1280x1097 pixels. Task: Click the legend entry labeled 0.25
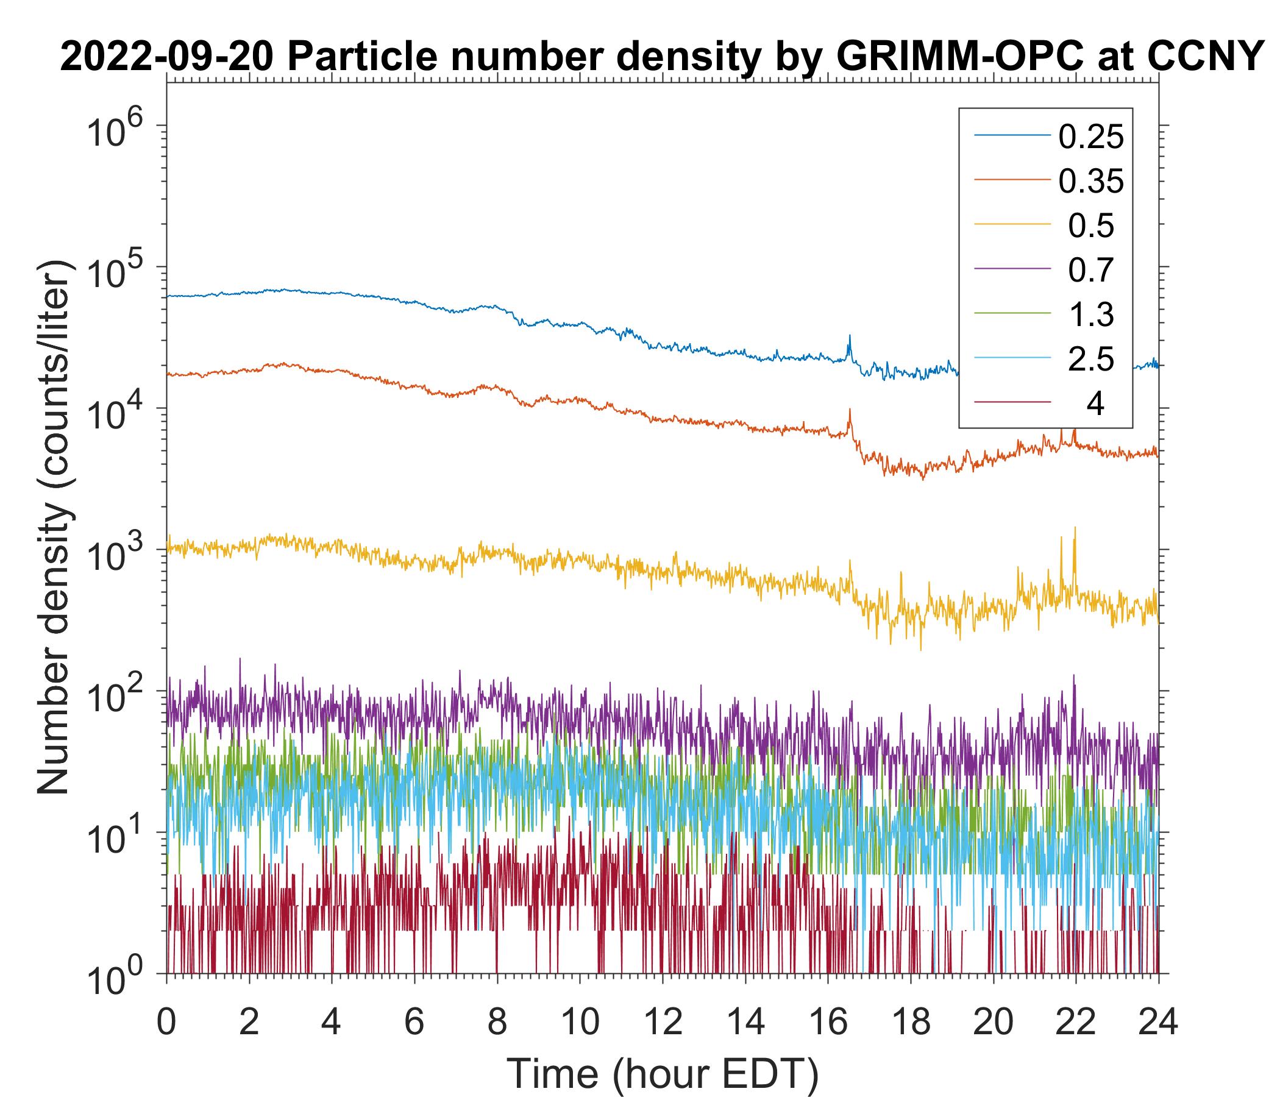1091,137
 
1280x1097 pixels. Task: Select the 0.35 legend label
1091,182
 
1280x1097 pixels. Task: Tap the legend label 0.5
1091,226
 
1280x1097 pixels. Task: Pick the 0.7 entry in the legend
1091,271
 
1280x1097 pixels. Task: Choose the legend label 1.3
1091,315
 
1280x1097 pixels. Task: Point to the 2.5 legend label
1091,360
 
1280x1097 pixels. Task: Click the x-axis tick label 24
1158,1022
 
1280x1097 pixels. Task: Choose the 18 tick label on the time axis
911,1022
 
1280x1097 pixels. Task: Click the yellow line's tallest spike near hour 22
1075,528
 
